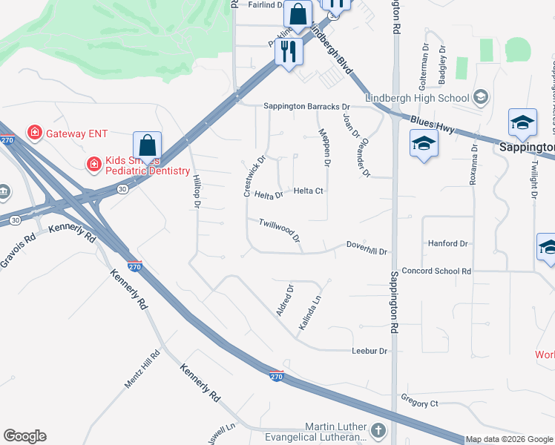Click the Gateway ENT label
(x=76, y=133)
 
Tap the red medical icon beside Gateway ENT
(x=34, y=133)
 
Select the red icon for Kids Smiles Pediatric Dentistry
(x=94, y=164)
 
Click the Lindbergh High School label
(x=417, y=98)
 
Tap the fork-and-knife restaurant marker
(x=287, y=51)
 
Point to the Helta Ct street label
(x=308, y=191)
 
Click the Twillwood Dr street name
(x=279, y=230)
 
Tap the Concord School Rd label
(x=436, y=271)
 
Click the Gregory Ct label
(x=419, y=403)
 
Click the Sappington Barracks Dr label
(x=306, y=107)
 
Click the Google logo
(x=24, y=436)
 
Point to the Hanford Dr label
(x=448, y=243)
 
